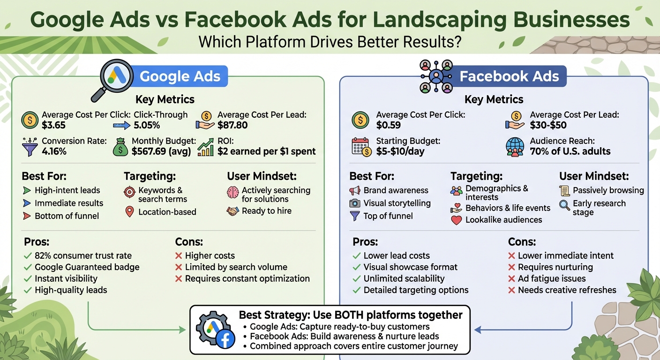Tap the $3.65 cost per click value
tap(53, 125)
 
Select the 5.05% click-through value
tap(147, 125)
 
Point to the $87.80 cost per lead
tap(232, 125)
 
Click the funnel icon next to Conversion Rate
tap(30, 146)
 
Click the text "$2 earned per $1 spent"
tap(266, 151)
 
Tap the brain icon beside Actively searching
tap(233, 192)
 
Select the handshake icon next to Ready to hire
tap(233, 211)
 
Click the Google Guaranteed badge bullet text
tap(87, 267)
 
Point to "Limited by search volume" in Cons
tap(236, 267)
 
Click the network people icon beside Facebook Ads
tap(435, 76)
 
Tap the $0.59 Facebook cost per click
tap(389, 125)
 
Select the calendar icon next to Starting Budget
tap(360, 146)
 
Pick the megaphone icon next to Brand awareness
tap(355, 191)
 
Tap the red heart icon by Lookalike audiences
tap(456, 220)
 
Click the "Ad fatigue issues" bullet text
tap(551, 278)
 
